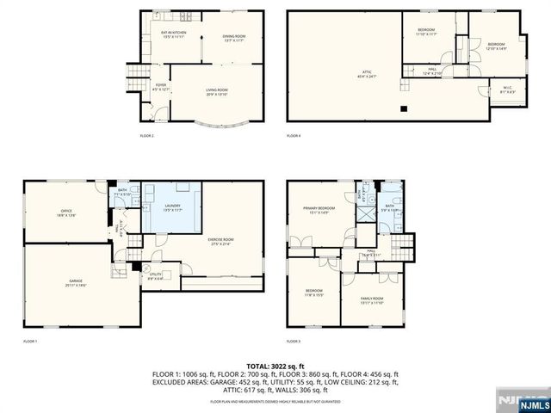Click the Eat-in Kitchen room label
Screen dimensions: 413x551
coord(174,35)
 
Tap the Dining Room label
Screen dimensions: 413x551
coord(234,38)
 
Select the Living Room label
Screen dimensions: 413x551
coord(217,93)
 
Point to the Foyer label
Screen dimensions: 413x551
coord(161,88)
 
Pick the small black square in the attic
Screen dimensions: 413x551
coord(403,108)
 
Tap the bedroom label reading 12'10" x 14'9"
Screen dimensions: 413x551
coord(496,46)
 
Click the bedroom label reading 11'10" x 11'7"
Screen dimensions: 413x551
coord(426,31)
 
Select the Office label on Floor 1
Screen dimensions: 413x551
coord(65,213)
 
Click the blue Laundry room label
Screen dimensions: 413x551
coord(170,208)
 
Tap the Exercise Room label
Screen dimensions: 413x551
coord(220,242)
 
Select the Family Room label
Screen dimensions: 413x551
coord(372,300)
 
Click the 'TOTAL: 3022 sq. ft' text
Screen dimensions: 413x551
coord(275,367)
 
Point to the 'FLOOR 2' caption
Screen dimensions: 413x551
coord(147,136)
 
